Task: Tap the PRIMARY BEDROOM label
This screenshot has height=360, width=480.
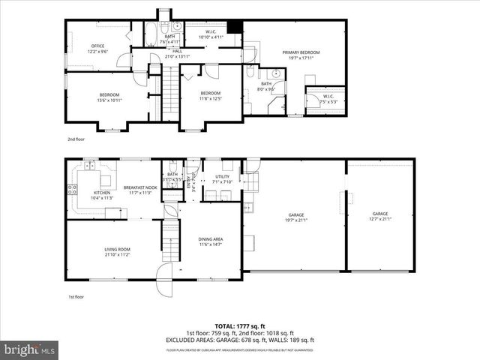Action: click(x=301, y=52)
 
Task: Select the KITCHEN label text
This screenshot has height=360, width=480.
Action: click(x=102, y=193)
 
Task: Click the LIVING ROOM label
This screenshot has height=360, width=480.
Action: click(x=117, y=251)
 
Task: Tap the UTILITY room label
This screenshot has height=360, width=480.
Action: click(x=223, y=178)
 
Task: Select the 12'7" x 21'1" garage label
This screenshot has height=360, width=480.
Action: click(x=380, y=217)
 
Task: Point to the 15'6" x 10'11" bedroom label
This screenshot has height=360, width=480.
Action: click(x=109, y=96)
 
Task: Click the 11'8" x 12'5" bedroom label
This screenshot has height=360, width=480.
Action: click(x=211, y=95)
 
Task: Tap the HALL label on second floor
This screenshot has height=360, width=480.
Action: click(x=178, y=52)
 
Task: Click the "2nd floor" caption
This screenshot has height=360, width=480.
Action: click(x=76, y=139)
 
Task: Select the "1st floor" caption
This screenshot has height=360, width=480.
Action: click(x=76, y=297)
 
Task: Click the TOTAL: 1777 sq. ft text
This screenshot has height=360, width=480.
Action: click(x=239, y=327)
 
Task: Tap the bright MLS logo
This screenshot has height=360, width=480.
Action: click(x=30, y=349)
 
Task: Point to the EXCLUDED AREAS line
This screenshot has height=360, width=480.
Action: click(x=239, y=340)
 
